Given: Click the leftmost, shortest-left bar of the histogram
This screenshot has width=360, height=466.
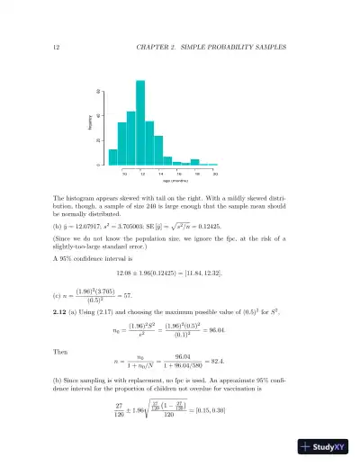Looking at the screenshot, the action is (113, 157).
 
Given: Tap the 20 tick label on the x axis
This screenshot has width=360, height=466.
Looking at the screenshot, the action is (214, 173).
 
